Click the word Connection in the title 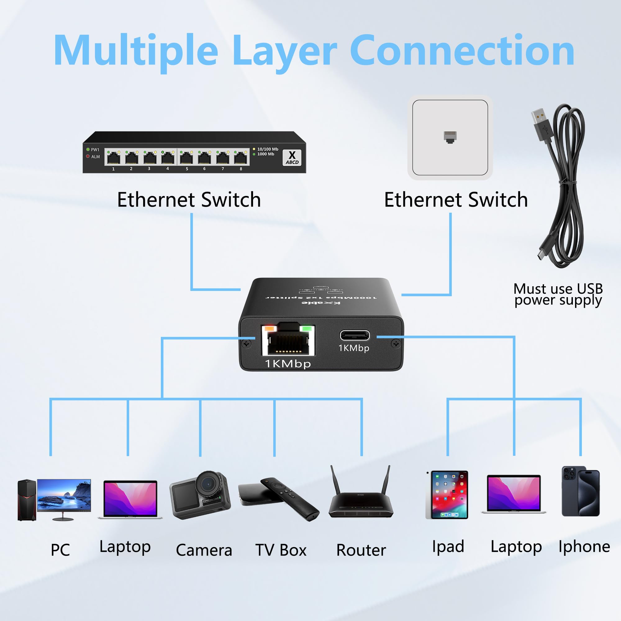pos(462,51)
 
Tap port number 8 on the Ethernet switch pos(240,158)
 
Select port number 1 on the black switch pos(113,158)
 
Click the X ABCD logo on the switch pos(292,157)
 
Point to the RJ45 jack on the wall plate pos(450,137)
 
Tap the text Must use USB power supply pos(558,294)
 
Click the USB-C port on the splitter pos(355,336)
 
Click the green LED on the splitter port pos(307,329)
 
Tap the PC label pos(60,550)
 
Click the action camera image pos(200,495)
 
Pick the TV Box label pos(281,550)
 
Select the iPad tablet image pos(447,495)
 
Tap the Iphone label pos(584,546)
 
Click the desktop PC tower pos(27,500)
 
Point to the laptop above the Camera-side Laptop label pos(130,500)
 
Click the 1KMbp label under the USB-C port pos(354,348)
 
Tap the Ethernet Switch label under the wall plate pos(456,200)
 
